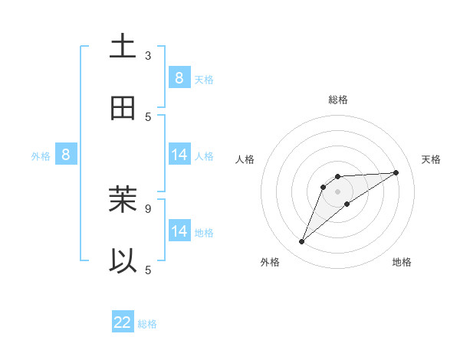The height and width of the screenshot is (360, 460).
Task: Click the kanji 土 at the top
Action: (123, 47)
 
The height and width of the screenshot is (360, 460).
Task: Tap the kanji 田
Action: (123, 108)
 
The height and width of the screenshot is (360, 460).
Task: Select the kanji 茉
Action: (123, 200)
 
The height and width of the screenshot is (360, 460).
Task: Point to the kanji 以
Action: (123, 261)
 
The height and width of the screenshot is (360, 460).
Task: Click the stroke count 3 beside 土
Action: (148, 56)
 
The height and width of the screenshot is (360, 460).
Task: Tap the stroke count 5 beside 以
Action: (148, 270)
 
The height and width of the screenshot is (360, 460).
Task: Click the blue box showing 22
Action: (123, 322)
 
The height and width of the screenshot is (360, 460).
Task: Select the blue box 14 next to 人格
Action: (179, 155)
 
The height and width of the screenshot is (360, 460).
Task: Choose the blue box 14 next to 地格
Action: (179, 231)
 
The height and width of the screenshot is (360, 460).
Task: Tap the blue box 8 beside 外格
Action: (66, 155)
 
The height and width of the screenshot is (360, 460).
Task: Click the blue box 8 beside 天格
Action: (179, 77)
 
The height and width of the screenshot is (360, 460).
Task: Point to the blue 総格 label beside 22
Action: (147, 324)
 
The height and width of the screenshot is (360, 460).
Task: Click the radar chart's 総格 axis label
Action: (337, 100)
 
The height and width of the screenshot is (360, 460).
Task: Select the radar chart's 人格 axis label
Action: (245, 159)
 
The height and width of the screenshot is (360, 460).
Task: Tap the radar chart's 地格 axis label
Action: (402, 263)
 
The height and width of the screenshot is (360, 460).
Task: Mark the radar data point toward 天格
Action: (396, 172)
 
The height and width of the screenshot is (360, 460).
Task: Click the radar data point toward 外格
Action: (302, 242)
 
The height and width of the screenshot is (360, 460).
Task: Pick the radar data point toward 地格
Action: (347, 203)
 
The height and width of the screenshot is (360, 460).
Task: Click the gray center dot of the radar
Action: (337, 191)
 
